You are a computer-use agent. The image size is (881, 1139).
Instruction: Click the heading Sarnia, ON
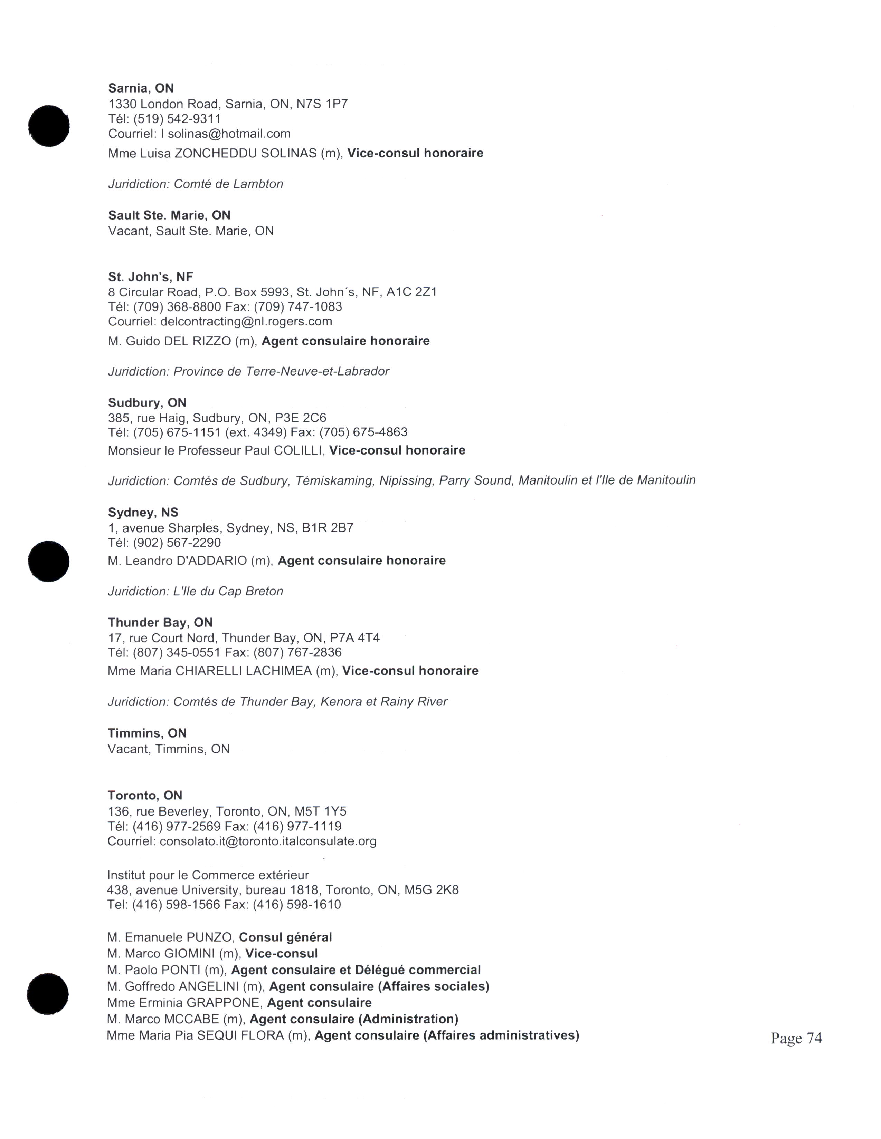tap(141, 88)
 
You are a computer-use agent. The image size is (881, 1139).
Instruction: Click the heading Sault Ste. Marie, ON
tap(169, 215)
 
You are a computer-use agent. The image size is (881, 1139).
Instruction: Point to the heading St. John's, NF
tap(150, 276)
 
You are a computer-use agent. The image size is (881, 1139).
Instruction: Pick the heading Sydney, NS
tap(143, 512)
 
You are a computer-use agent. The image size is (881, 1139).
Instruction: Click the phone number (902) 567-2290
tap(177, 542)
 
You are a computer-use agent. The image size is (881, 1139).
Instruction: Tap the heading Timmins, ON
tap(147, 733)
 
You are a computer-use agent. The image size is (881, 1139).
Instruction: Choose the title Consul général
tap(285, 937)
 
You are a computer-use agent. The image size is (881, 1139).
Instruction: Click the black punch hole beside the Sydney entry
tap(48, 561)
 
